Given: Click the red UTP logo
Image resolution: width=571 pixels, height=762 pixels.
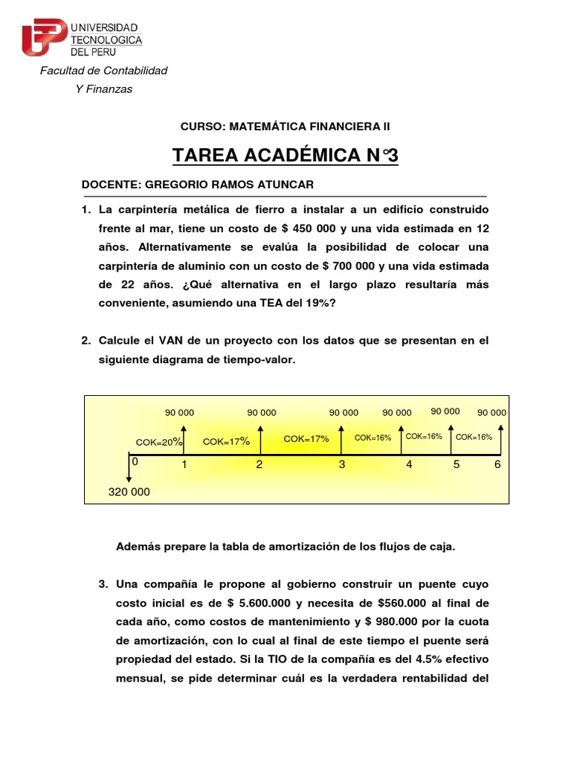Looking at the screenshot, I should tap(43, 36).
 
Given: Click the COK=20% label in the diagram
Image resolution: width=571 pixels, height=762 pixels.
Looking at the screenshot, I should tap(159, 442).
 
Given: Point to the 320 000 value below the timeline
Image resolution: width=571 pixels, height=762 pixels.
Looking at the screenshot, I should tap(129, 492).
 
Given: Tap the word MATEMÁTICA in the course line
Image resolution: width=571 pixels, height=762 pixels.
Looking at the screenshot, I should tap(263, 127).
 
